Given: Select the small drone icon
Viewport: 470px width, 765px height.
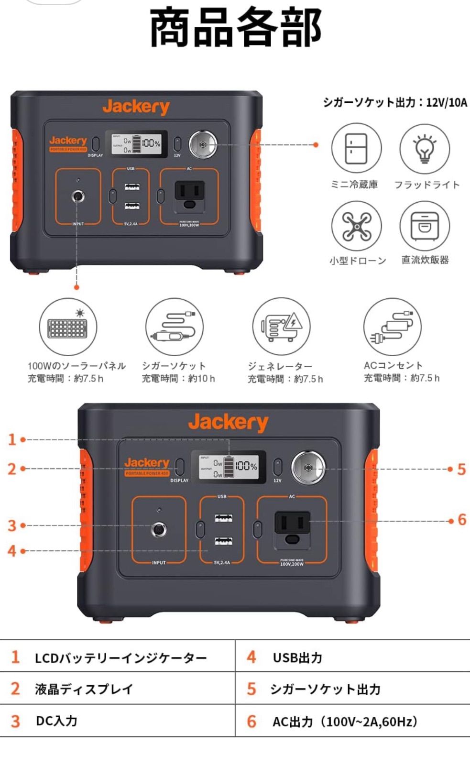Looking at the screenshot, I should [x=356, y=226].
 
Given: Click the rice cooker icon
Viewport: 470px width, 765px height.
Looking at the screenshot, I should [x=424, y=226].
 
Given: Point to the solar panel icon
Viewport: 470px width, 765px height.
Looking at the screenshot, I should [x=67, y=327].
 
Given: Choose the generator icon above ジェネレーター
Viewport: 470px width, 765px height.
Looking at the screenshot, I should [x=281, y=327].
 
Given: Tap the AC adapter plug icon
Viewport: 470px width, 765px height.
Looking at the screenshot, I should [x=392, y=327].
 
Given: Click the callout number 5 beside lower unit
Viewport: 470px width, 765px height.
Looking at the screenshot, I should [x=461, y=469].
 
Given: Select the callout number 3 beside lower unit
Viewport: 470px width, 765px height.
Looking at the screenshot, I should [x=12, y=525].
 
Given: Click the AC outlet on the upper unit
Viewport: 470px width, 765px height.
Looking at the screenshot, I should [x=189, y=193].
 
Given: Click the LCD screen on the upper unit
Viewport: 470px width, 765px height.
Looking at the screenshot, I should [x=139, y=143].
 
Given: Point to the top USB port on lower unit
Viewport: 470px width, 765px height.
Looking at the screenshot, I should [x=223, y=518].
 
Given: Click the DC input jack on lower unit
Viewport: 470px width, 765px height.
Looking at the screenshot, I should [x=159, y=530].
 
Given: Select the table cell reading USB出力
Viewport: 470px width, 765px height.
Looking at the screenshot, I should [x=297, y=658].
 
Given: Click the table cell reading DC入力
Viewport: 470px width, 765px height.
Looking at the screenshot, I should [x=56, y=721].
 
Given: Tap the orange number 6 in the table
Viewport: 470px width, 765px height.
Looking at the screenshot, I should [x=251, y=721].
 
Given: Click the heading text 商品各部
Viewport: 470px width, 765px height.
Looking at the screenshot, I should [x=236, y=28].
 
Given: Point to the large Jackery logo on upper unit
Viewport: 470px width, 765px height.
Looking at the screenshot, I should [x=136, y=107].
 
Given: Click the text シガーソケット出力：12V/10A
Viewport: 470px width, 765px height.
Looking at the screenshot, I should [x=395, y=102].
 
